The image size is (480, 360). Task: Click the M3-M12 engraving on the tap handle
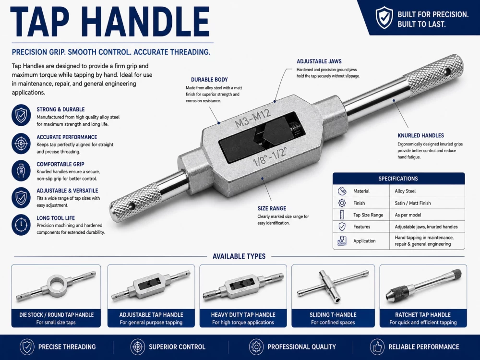pyautogui.click(x=253, y=119)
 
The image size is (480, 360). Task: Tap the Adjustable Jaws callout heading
pyautogui.click(x=319, y=61)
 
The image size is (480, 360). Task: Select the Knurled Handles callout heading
pyautogui.click(x=420, y=136)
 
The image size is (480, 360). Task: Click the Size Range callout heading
pyautogui.click(x=272, y=208)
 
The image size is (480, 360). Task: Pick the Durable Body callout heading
pyautogui.click(x=209, y=80)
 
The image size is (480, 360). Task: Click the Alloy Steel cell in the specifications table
pyautogui.click(x=405, y=191)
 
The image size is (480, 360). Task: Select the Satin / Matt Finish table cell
pyautogui.click(x=413, y=203)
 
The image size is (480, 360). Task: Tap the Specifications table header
pyautogui.click(x=398, y=179)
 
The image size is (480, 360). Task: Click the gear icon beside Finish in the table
pyautogui.click(x=342, y=203)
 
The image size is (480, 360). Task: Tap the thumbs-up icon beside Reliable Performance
pyautogui.click(x=377, y=347)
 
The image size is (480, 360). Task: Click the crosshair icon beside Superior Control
pyautogui.click(x=137, y=347)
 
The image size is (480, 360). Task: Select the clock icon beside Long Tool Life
pyautogui.click(x=21, y=225)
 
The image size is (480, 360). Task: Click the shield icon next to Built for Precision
pyautogui.click(x=384, y=18)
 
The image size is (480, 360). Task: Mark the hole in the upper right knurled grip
pyautogui.click(x=447, y=72)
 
